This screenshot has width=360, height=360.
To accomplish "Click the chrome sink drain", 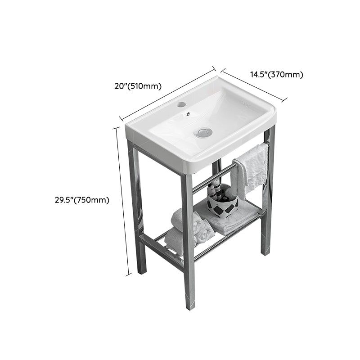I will (203, 132).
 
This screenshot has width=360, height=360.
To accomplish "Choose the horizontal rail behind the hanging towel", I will (211, 178).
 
